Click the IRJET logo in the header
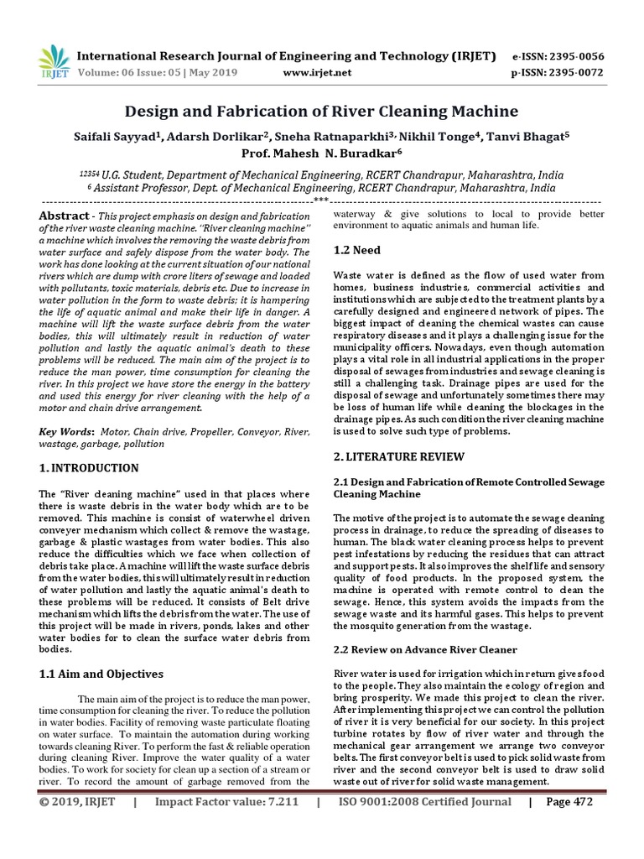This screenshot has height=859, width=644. pyautogui.click(x=54, y=61)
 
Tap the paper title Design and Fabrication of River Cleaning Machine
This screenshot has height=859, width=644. pyautogui.click(x=321, y=112)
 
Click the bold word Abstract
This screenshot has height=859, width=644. pyautogui.click(x=65, y=216)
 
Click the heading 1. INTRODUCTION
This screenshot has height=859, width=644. pyautogui.click(x=90, y=467)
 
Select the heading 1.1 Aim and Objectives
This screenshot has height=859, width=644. pyautogui.click(x=101, y=674)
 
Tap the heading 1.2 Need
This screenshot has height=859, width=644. pyautogui.click(x=357, y=250)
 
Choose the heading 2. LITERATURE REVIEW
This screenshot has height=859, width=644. pyautogui.click(x=399, y=456)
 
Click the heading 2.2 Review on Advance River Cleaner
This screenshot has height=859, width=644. pyautogui.click(x=425, y=650)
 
